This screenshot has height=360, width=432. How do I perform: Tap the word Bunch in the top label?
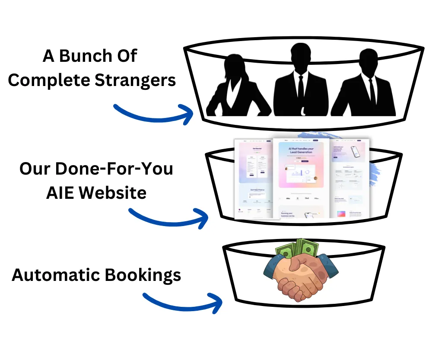(83, 56)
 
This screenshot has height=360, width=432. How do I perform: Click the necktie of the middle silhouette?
(301, 93)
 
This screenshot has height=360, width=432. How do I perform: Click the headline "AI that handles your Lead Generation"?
(301, 152)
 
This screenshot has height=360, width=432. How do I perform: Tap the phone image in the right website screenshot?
(355, 151)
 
